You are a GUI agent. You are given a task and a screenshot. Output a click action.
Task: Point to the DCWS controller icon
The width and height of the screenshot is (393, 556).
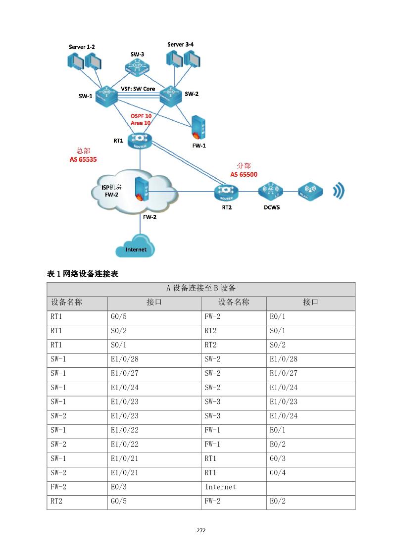click(x=271, y=191)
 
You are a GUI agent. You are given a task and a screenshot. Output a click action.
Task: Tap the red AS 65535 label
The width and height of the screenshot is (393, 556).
click(x=83, y=160)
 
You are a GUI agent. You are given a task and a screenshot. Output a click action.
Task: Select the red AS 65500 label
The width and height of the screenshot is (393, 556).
click(x=244, y=174)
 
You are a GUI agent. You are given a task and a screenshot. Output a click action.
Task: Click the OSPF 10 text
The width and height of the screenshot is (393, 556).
click(x=141, y=115)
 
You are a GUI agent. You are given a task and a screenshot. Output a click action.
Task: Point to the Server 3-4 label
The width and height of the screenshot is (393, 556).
click(x=180, y=45)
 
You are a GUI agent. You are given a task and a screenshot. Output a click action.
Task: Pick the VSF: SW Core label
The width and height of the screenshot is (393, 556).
click(x=138, y=89)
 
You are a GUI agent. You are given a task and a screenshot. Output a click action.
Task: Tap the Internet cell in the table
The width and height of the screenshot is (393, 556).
click(x=220, y=487)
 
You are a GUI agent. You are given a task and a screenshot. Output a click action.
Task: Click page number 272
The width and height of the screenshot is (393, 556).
click(x=201, y=530)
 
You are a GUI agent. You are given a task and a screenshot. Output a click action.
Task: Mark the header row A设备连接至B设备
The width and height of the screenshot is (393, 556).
click(x=201, y=289)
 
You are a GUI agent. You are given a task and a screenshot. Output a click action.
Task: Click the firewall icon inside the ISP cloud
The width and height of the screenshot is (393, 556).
click(x=140, y=189)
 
